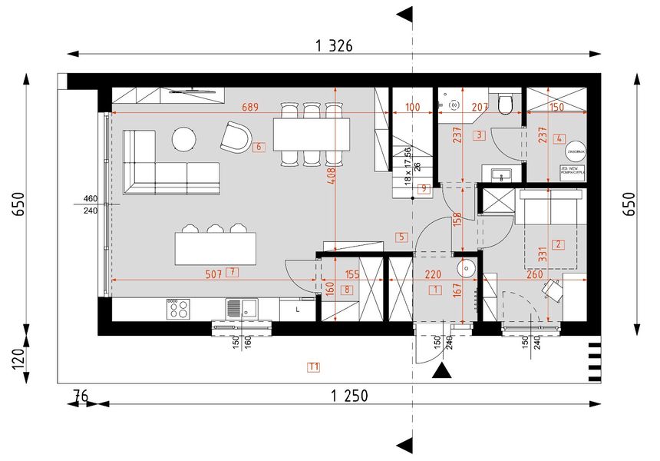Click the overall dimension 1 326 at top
pyautogui.click(x=334, y=46)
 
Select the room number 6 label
pyautogui.click(x=259, y=146)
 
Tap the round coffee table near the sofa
pyautogui.click(x=184, y=139)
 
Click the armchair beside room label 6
pyautogui.click(x=235, y=137)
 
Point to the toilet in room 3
pyautogui.click(x=505, y=104)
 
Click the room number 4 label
pyautogui.click(x=559, y=139)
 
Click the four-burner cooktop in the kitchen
pyautogui.click(x=179, y=308)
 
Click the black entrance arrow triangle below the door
pyautogui.click(x=441, y=372)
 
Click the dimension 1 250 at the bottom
pyautogui.click(x=350, y=396)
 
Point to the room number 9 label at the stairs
pyautogui.click(x=422, y=188)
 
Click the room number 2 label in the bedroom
pyautogui.click(x=559, y=245)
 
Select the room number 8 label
pyautogui.click(x=347, y=290)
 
